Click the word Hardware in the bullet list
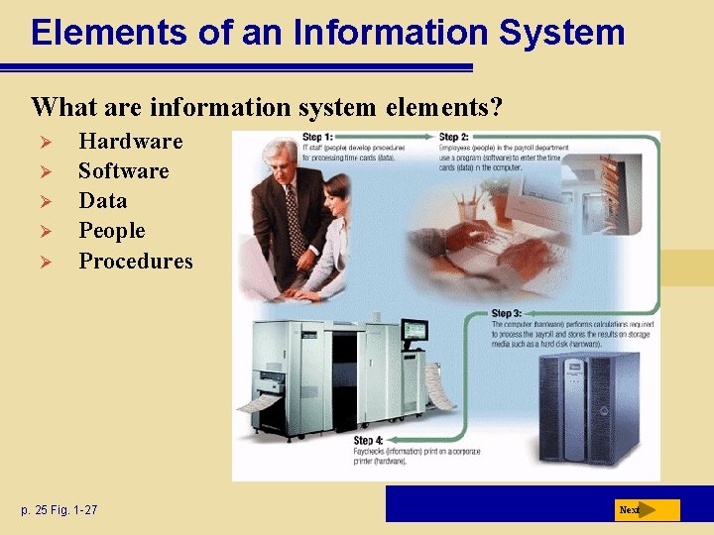(x=130, y=141)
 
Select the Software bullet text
(x=123, y=170)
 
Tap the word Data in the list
(x=103, y=200)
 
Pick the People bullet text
(x=111, y=231)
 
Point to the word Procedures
(x=136, y=261)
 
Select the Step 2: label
(x=453, y=138)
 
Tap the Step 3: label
(x=506, y=314)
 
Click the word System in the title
(x=561, y=33)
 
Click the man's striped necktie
(x=293, y=214)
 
